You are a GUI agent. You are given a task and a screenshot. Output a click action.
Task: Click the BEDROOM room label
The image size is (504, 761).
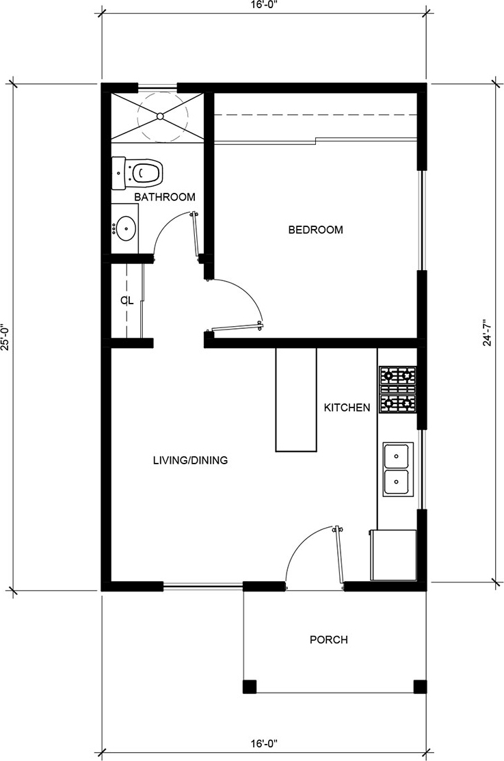pyautogui.click(x=316, y=230)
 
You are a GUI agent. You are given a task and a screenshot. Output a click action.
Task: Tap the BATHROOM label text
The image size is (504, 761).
pyautogui.click(x=165, y=197)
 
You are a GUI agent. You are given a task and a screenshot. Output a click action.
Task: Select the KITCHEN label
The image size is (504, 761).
pyautogui.click(x=347, y=408)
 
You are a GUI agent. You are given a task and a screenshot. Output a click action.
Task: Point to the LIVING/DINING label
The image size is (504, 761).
pyautogui.click(x=190, y=460)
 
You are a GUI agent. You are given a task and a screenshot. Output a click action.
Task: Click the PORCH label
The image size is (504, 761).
pyautogui.click(x=329, y=640)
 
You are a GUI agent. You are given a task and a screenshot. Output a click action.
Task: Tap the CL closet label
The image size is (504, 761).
pyautogui.click(x=127, y=301)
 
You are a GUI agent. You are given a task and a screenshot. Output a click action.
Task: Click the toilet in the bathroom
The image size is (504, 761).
pyautogui.click(x=137, y=173)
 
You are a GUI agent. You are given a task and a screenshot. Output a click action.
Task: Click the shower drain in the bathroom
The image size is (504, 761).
pyautogui.click(x=160, y=116)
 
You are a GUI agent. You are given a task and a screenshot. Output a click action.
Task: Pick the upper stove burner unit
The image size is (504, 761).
pyautogui.click(x=398, y=375)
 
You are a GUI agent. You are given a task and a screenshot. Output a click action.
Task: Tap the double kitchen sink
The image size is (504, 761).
pyautogui.click(x=398, y=469)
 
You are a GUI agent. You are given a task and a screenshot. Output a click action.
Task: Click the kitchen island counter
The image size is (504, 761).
pyautogui.click(x=296, y=399)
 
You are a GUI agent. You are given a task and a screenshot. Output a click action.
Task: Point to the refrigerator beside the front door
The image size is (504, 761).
pyautogui.click(x=393, y=555)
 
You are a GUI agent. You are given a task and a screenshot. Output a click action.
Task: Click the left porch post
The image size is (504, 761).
pyautogui.click(x=250, y=686)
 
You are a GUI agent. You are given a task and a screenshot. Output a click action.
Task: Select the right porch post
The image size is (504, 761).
pyautogui.click(x=420, y=686)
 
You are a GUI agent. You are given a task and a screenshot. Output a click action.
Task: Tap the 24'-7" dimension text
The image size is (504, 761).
pyautogui.click(x=488, y=333)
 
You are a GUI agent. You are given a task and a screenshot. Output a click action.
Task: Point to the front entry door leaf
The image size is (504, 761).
pyautogui.click(x=339, y=556)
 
